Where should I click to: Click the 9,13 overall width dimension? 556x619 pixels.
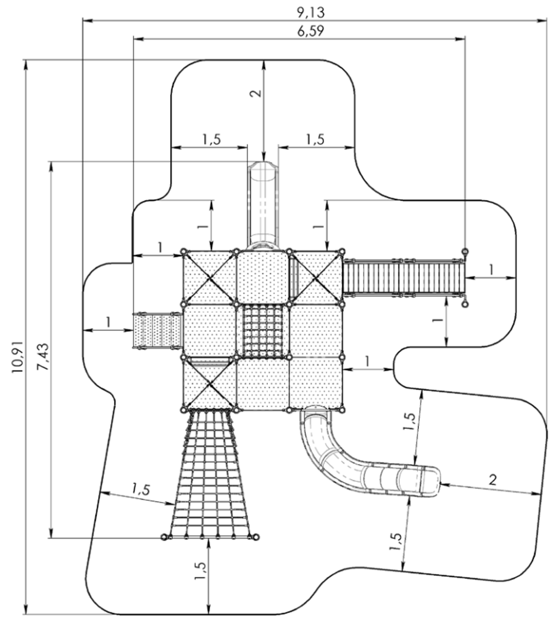[311, 12]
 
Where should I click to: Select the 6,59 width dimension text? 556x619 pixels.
[311, 32]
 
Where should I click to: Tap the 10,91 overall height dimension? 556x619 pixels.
[18, 357]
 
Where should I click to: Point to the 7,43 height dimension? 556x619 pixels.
[43, 357]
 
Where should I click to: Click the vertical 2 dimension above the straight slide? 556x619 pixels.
[257, 93]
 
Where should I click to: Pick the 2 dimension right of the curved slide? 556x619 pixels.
[493, 480]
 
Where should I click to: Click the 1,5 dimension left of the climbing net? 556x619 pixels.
[141, 490]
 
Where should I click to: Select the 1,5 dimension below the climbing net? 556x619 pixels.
[200, 571]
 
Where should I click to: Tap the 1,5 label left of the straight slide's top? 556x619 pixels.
[211, 139]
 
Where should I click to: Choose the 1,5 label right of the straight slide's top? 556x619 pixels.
[315, 139]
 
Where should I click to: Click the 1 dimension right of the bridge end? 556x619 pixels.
[492, 269]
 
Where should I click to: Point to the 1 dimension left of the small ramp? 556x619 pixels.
[108, 322]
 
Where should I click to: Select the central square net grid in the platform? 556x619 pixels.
[263, 331]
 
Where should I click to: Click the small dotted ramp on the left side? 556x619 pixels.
[157, 330]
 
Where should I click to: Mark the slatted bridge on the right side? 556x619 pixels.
[403, 277]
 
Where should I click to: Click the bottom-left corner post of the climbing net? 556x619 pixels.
[165, 537]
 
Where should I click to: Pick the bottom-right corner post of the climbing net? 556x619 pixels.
[256, 537]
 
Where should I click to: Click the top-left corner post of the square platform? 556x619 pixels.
[183, 252]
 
